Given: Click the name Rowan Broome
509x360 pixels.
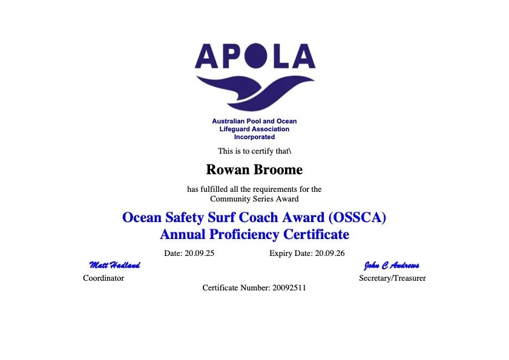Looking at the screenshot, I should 254,170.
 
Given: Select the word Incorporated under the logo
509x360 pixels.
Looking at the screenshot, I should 254,137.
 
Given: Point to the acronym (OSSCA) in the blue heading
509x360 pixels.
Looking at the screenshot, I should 355,217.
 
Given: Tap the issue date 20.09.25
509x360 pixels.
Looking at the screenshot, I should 199,253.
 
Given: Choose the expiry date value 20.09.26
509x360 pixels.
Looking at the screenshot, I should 330,253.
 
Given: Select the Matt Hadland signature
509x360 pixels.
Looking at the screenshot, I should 114,265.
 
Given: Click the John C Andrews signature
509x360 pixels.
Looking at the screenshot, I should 392,265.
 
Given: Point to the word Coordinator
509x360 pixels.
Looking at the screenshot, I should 103,278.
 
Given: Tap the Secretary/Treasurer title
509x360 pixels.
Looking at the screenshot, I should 392,278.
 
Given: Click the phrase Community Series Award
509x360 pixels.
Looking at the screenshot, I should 254,198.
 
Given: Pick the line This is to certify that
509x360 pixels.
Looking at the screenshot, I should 254,151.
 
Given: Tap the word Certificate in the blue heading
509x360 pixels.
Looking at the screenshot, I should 317,234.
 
